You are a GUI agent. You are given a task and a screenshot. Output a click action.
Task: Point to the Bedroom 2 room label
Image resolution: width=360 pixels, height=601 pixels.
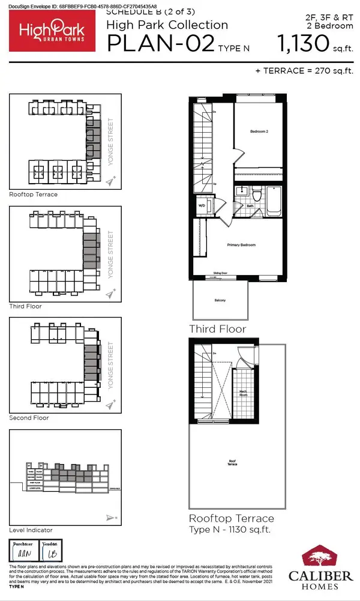(259, 131)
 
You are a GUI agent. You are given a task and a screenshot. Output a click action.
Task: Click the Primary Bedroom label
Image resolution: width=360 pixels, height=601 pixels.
(241, 245)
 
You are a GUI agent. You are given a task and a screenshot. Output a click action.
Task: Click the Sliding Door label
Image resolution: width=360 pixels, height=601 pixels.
(221, 274)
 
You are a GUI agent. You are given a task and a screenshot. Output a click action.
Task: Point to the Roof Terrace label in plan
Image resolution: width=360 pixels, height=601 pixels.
(232, 463)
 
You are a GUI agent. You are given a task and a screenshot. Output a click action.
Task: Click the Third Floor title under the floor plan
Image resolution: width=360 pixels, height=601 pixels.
(217, 329)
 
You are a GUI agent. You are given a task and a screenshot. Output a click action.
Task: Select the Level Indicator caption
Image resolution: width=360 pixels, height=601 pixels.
(31, 530)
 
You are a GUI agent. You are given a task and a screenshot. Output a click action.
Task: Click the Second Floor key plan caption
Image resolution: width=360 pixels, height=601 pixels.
(29, 417)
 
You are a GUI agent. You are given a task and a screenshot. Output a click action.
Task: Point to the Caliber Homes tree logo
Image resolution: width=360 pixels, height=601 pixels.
(326, 556)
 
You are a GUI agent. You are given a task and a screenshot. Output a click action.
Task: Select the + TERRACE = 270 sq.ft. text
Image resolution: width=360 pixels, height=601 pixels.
(304, 70)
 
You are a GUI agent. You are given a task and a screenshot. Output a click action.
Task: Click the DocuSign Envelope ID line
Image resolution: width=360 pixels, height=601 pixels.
(78, 6)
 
